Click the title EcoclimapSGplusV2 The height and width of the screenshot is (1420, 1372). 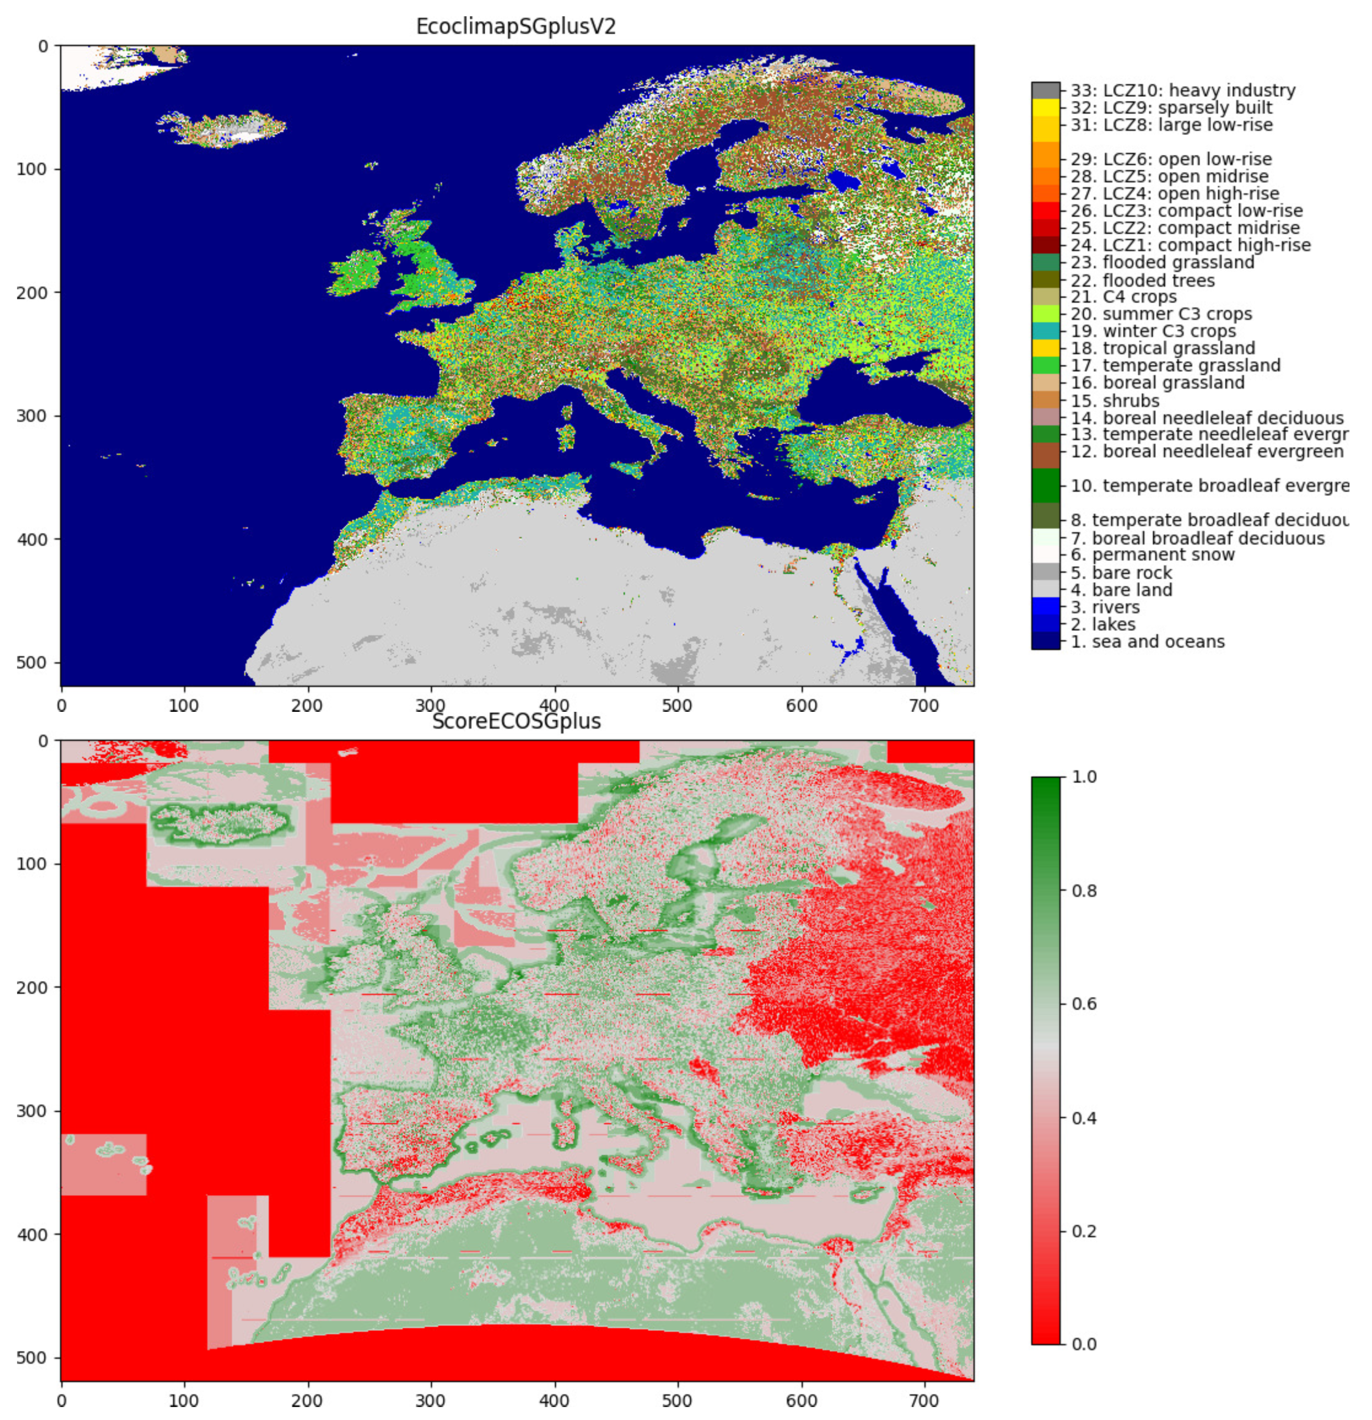516,27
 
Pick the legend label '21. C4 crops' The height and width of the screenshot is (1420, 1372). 1123,297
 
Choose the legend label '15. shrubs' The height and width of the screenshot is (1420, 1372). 1115,400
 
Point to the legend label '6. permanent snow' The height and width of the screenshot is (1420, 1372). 1152,555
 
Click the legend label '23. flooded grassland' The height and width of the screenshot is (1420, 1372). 1162,262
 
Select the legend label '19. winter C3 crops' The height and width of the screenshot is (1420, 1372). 1153,331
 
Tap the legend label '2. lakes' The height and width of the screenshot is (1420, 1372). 1103,625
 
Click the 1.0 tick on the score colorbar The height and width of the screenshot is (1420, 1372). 1084,776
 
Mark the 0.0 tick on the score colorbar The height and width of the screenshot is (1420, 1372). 1084,1345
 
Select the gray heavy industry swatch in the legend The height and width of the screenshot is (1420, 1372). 1045,90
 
